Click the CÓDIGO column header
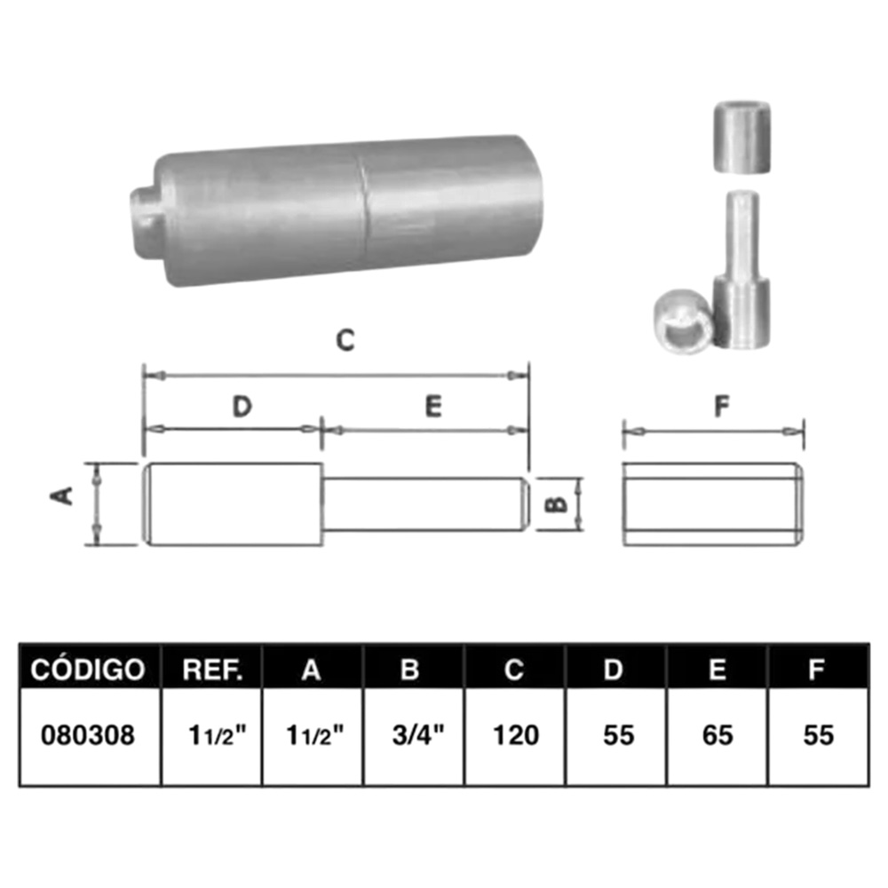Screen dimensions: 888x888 coord(88,670)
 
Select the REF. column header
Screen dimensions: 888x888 coord(212,670)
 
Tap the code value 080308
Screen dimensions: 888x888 coord(88,735)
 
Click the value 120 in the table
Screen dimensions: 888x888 coord(516,735)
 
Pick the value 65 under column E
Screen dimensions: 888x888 coord(718,735)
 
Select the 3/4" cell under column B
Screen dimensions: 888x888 coord(418,735)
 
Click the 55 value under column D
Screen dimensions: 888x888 coord(618,735)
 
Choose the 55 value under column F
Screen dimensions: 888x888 coord(819,735)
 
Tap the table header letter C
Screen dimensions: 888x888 coord(513,670)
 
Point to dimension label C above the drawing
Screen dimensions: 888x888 coord(345,340)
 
